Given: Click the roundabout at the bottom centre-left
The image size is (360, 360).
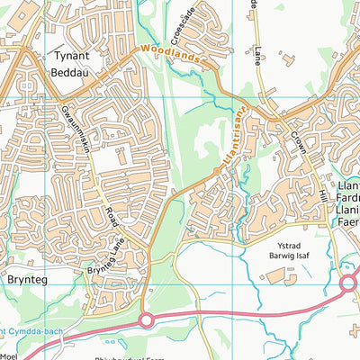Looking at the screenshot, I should click(x=146, y=319).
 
